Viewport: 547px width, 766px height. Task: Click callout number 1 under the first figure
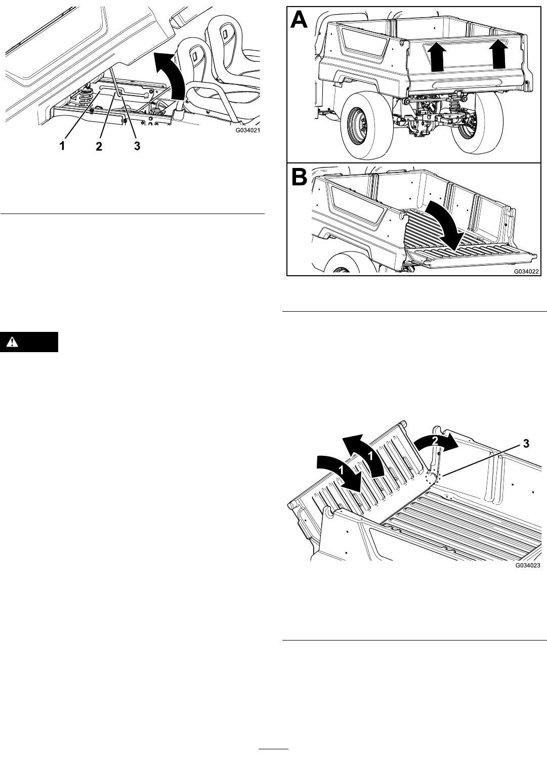(x=62, y=146)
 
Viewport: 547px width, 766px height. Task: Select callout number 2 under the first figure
(x=99, y=146)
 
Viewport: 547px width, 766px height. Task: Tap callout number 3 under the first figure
(x=137, y=146)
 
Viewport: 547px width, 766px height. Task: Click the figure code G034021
(x=247, y=131)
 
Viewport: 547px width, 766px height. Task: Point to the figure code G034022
(x=526, y=272)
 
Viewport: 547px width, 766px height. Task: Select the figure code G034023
(x=528, y=565)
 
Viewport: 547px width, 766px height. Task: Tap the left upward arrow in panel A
(x=437, y=59)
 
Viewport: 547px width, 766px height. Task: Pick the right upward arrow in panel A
(x=497, y=53)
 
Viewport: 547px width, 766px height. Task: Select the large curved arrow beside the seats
(x=171, y=77)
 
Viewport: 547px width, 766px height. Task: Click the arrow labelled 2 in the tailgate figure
(x=436, y=442)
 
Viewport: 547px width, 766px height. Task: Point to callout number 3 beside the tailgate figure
(x=526, y=444)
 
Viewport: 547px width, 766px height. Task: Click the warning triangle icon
(x=13, y=342)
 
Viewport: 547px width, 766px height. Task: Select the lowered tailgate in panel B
(x=472, y=256)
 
